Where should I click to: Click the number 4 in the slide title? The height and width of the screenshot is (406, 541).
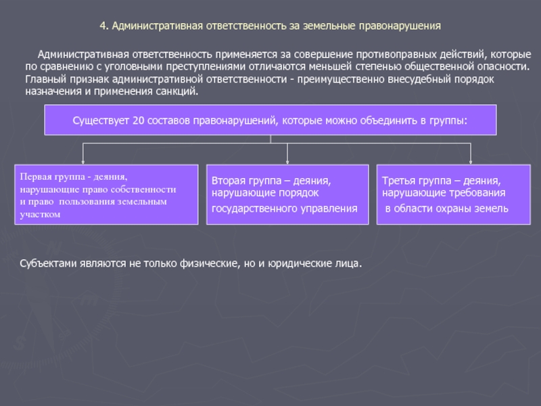[102, 26]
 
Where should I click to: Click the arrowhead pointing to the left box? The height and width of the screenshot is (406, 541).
[83, 162]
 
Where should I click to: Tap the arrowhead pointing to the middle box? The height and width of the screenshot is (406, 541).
[287, 162]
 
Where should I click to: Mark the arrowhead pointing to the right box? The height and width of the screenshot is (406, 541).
[471, 162]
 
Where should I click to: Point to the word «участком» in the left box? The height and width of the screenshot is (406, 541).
[40, 214]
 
